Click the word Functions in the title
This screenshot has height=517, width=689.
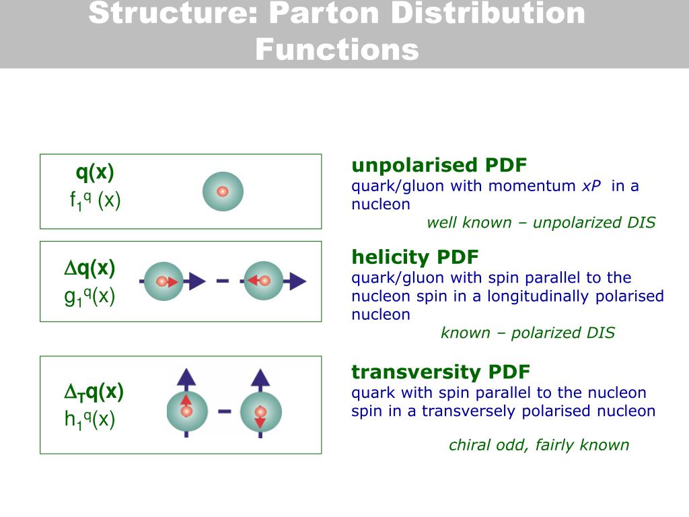click(x=336, y=50)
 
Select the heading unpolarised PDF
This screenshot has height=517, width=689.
click(x=439, y=166)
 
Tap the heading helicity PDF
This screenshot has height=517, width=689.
click(x=415, y=257)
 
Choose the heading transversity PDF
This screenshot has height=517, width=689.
click(x=441, y=372)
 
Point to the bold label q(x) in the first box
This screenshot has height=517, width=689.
click(x=95, y=173)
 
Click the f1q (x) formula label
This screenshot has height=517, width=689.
click(x=95, y=201)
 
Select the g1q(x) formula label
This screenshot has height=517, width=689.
click(x=90, y=296)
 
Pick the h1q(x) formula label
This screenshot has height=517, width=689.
click(x=90, y=420)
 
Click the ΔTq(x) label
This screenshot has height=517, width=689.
click(x=94, y=392)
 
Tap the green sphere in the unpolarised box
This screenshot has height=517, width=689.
click(x=223, y=191)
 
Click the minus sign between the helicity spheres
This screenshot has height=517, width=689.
click(x=223, y=281)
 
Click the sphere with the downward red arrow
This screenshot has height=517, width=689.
click(x=260, y=412)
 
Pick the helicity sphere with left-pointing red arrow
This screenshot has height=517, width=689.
click(x=263, y=281)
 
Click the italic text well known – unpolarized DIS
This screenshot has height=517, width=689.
click(x=541, y=223)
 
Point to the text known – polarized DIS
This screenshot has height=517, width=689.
click(x=528, y=333)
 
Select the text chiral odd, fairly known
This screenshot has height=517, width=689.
click(x=539, y=445)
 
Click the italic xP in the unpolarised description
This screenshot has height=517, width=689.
click(x=591, y=186)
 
